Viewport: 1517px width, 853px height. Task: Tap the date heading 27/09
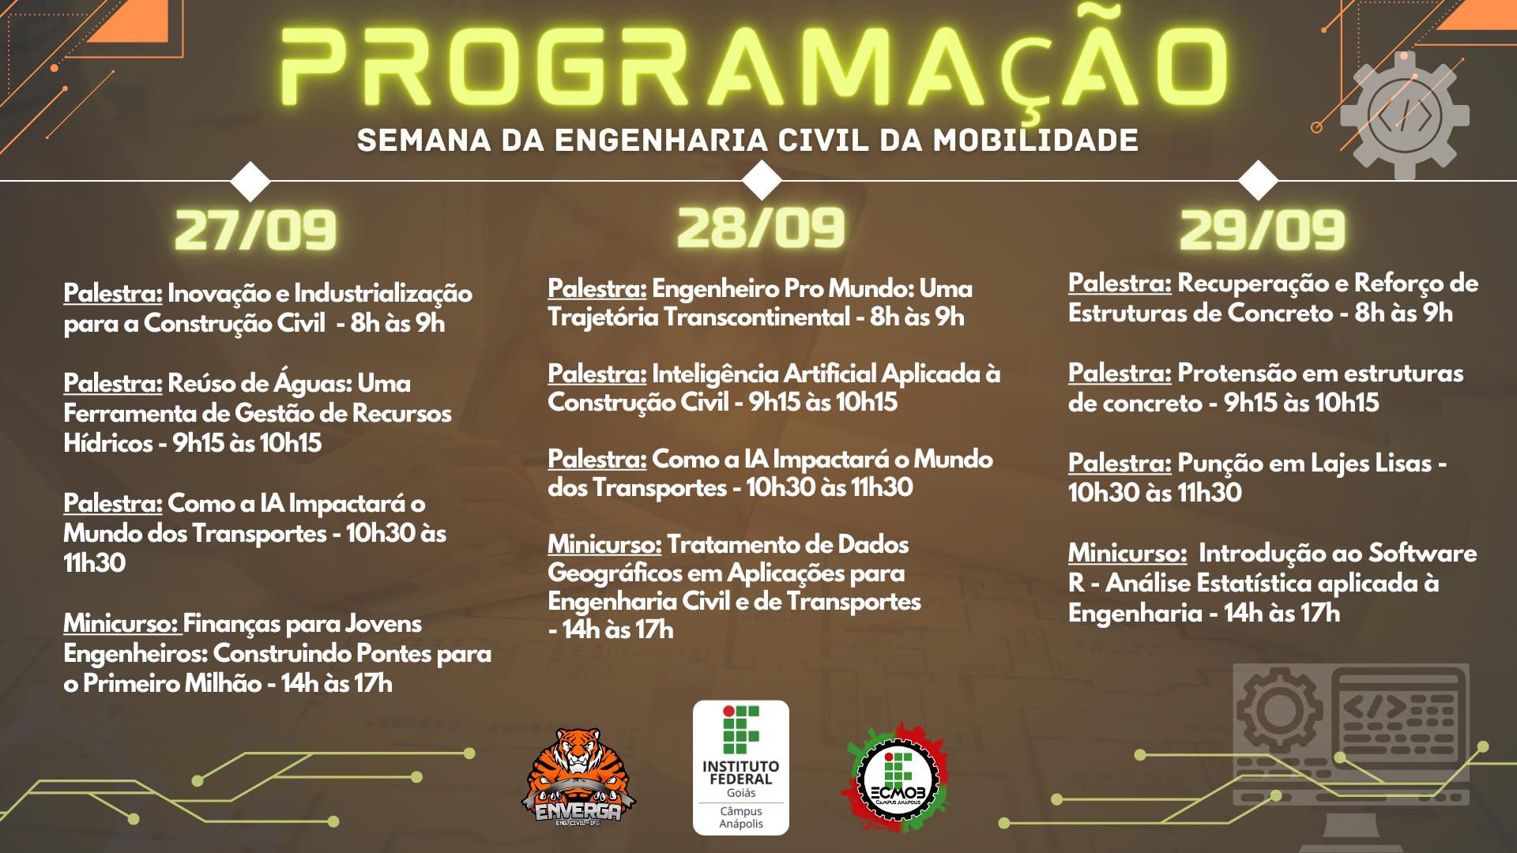tap(255, 231)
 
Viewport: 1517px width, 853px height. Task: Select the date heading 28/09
tap(761, 228)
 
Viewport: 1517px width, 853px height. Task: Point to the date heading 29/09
tap(1262, 231)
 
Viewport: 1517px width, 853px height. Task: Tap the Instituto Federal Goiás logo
tap(741, 768)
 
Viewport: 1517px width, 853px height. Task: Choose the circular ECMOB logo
tap(898, 777)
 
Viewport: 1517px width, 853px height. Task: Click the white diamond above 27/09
tap(250, 181)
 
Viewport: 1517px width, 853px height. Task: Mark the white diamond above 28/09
tap(762, 180)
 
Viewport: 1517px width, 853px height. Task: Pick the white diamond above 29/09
tap(1259, 180)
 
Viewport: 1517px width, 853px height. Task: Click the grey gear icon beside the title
tap(1405, 116)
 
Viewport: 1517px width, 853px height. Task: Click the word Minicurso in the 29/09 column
tap(1127, 553)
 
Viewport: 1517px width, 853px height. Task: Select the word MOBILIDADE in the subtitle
tap(1036, 141)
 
